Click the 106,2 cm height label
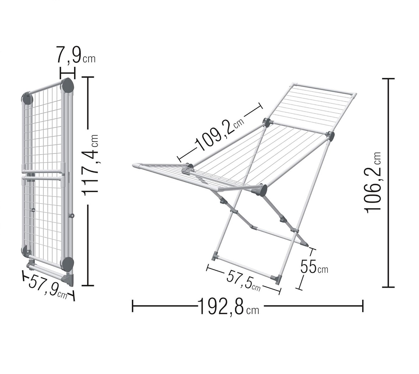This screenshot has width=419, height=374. (x=373, y=183)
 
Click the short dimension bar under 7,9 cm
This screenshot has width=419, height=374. (x=68, y=73)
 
